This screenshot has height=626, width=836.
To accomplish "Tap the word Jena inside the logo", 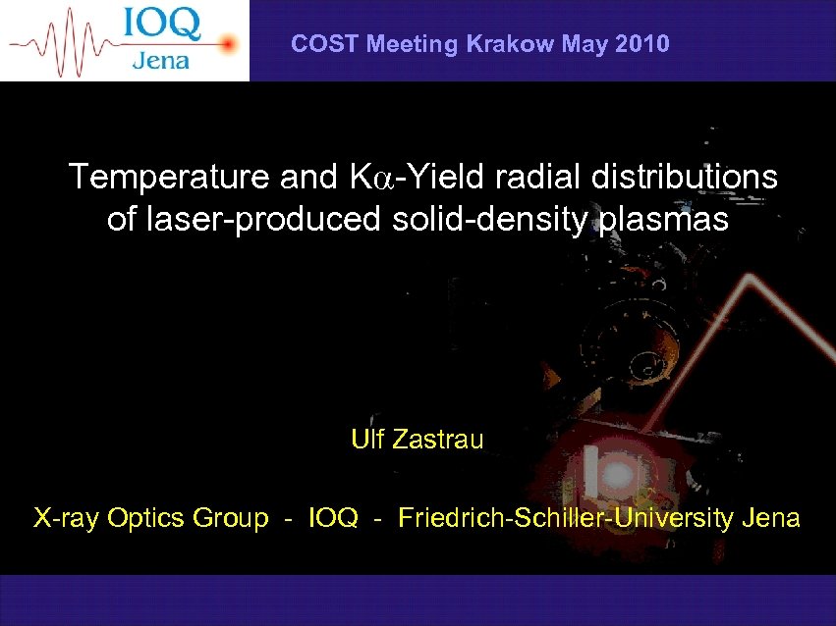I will (160, 60).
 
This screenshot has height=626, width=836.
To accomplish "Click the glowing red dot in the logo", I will (228, 43).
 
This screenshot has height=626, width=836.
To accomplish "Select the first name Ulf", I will (368, 440).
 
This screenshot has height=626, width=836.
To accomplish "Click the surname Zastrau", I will (438, 440).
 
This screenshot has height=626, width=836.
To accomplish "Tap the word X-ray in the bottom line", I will (65, 518).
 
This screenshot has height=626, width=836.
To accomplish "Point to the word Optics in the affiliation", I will (138, 518).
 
